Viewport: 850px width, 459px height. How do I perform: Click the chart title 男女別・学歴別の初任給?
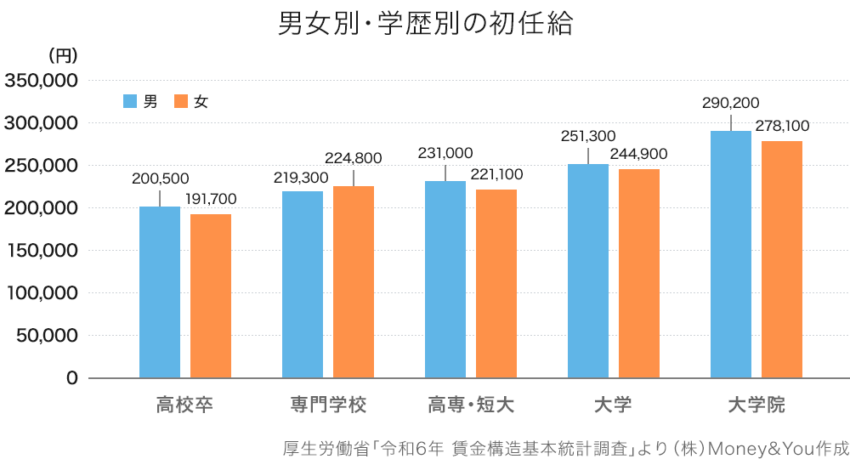pyautogui.click(x=425, y=23)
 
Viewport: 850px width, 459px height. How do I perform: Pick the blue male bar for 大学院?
pyautogui.click(x=731, y=254)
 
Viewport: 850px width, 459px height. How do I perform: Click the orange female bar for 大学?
pyautogui.click(x=639, y=273)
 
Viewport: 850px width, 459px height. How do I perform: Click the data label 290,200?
pyautogui.click(x=731, y=103)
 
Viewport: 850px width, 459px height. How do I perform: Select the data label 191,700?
pyautogui.click(x=211, y=200)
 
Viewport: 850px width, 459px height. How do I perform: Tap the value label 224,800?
pyautogui.click(x=354, y=157)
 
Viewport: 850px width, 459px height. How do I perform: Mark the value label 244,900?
pyautogui.click(x=639, y=154)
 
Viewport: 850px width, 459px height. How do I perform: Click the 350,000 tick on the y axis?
pyautogui.click(x=42, y=81)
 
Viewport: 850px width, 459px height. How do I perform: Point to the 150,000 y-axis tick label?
pyautogui.click(x=42, y=251)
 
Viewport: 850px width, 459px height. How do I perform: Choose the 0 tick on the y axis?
pyautogui.click(x=71, y=378)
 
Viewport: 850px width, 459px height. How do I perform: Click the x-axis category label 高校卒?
pyautogui.click(x=184, y=405)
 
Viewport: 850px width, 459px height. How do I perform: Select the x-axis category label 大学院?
pyautogui.click(x=756, y=405)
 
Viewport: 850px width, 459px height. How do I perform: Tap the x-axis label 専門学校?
pyautogui.click(x=326, y=405)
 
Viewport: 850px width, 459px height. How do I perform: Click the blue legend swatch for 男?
pyautogui.click(x=130, y=101)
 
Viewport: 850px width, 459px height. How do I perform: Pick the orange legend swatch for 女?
pyautogui.click(x=180, y=101)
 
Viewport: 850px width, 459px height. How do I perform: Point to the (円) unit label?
pyautogui.click(x=62, y=56)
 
